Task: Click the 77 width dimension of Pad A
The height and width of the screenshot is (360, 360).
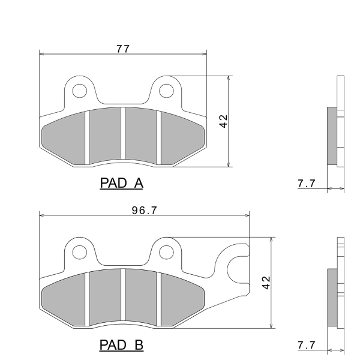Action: click(x=123, y=49)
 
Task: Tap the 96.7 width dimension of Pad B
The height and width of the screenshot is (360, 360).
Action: click(x=145, y=211)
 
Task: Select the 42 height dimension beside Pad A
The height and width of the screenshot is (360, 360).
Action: click(x=223, y=121)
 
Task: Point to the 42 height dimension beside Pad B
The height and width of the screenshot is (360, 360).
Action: click(x=266, y=283)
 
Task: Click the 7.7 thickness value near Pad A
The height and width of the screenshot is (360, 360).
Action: click(x=307, y=184)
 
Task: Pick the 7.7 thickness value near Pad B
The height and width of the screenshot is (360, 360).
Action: click(x=307, y=345)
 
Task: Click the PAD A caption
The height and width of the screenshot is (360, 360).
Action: click(x=122, y=183)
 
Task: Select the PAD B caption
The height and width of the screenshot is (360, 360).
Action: click(x=121, y=345)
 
